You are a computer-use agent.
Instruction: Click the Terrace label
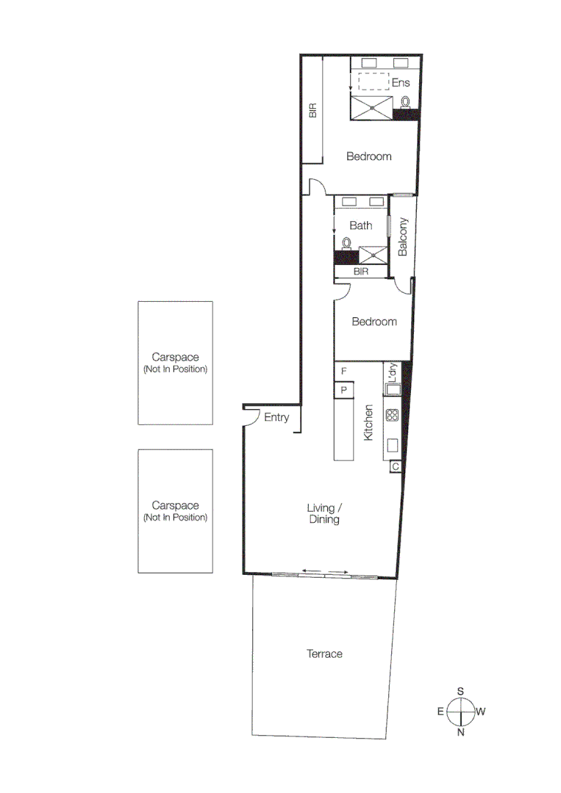tap(324, 653)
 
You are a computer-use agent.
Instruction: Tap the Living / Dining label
tap(324, 513)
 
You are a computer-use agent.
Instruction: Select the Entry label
tap(276, 418)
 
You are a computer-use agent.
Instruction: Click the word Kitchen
tap(369, 423)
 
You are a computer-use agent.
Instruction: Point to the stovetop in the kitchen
tap(391, 416)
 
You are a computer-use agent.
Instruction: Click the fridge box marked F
tap(343, 372)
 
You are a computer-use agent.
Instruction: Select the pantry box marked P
tap(343, 390)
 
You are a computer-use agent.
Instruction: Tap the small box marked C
tap(396, 466)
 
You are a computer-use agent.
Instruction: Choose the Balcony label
tap(403, 236)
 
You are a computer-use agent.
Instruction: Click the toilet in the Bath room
tap(346, 243)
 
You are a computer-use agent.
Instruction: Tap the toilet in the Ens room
tap(405, 103)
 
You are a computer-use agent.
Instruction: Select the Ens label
tap(400, 83)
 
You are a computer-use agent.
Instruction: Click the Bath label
tap(360, 225)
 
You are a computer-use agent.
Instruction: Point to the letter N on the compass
tap(461, 732)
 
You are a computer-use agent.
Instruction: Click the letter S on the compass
tap(461, 691)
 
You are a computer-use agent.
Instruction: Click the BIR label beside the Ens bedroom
tap(312, 111)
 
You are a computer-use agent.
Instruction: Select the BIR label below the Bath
tap(360, 272)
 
